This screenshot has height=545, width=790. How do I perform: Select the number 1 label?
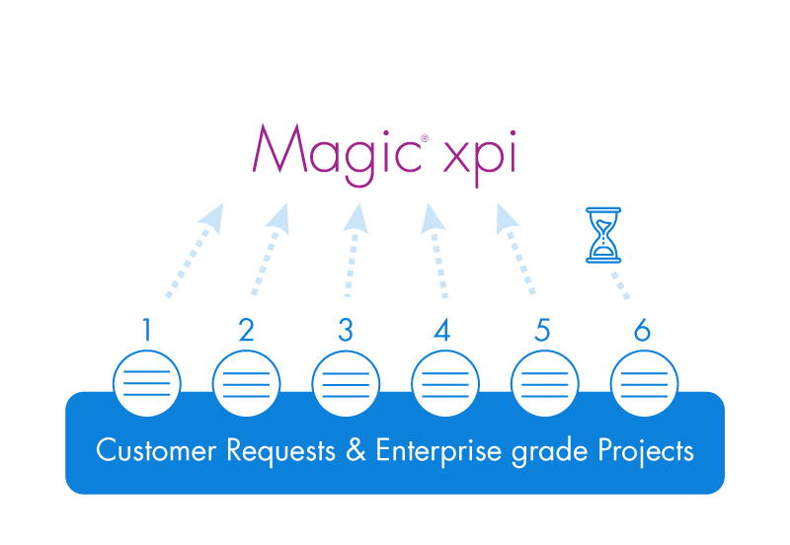(147, 331)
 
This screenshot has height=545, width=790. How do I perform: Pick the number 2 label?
(246, 331)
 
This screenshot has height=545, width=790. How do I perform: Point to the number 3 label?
(345, 331)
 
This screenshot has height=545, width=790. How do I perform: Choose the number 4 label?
(442, 331)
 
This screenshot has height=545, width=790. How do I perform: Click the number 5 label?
(542, 331)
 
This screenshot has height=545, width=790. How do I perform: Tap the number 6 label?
(642, 331)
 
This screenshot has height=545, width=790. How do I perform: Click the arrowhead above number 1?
(210, 218)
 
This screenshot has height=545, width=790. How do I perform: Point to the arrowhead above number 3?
(355, 218)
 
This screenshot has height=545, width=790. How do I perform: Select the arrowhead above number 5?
(506, 218)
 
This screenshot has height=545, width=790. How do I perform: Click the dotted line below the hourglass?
(618, 284)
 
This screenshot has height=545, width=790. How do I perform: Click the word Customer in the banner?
(156, 451)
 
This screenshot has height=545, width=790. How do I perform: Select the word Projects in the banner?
(646, 452)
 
